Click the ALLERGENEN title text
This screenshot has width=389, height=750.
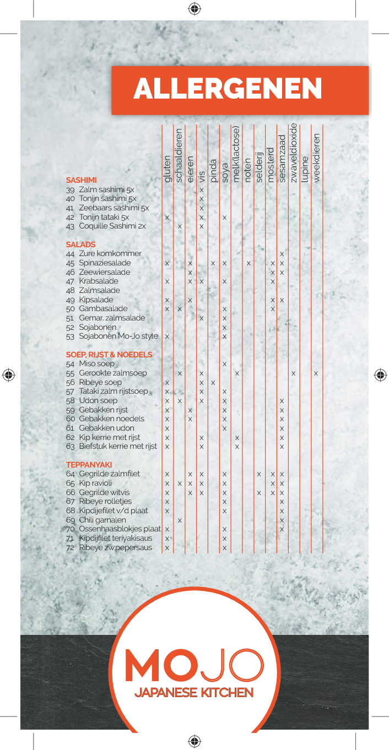228,89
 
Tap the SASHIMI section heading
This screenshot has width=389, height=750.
81,180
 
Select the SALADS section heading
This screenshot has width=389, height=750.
80,244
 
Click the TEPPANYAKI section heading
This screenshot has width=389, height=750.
89,465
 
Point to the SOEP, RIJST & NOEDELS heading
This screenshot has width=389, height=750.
109,355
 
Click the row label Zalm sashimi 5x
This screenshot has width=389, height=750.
106,189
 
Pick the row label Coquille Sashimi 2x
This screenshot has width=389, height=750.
112,226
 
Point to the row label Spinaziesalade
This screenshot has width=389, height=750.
105,263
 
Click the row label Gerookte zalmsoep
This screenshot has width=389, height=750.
112,373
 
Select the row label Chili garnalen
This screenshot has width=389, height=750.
102,520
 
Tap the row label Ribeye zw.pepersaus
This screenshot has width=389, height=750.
115,547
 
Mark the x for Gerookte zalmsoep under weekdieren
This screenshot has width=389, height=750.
316,373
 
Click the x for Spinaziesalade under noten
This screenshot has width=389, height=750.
248,263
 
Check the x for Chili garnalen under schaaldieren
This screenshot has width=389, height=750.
180,520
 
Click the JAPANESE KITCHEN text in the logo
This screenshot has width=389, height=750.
194,692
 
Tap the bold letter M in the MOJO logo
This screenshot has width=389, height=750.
142,666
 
